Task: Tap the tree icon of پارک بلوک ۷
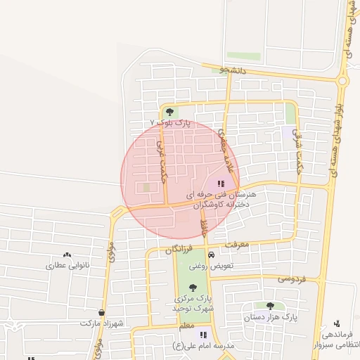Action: click(169, 111)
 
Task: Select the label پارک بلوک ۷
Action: click(170, 123)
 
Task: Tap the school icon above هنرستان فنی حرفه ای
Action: click(212, 183)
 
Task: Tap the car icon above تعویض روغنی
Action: click(212, 255)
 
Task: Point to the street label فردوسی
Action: click(292, 279)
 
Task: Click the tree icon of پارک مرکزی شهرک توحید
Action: click(193, 287)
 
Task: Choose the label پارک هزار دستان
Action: click(270, 318)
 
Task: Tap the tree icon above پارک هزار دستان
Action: click(270, 306)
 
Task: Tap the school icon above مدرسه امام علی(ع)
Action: click(203, 335)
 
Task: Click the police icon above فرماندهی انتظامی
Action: click(337, 323)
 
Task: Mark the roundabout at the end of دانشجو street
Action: click(342, 81)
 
